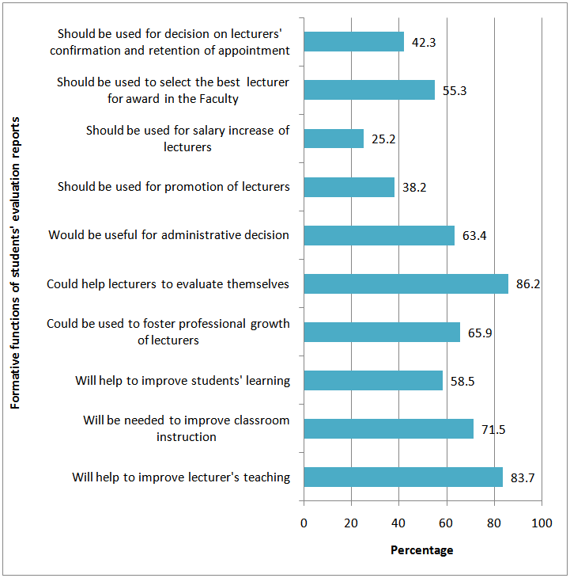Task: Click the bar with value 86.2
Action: (x=406, y=283)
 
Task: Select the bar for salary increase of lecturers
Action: (x=334, y=139)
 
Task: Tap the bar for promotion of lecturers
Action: (x=349, y=187)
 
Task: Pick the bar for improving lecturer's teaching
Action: (x=403, y=477)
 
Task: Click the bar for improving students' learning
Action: (x=373, y=380)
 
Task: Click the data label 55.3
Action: (x=455, y=90)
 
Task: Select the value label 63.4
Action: (x=474, y=235)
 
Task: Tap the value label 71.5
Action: (x=493, y=428)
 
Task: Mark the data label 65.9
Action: (x=480, y=332)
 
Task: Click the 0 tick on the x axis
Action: (x=304, y=523)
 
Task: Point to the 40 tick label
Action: (x=399, y=523)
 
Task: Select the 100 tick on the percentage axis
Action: (x=542, y=523)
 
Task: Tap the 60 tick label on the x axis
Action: (x=447, y=523)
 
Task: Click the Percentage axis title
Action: (x=422, y=550)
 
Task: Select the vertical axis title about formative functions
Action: (x=16, y=261)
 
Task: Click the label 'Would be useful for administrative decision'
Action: (x=168, y=235)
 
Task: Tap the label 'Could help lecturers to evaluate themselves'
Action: (x=168, y=283)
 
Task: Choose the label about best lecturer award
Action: (x=173, y=90)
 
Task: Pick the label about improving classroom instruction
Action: (x=186, y=428)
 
